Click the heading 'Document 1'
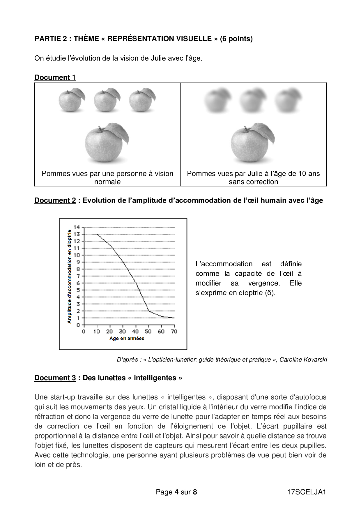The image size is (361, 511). click(55, 77)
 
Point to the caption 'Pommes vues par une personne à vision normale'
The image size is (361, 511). click(107, 177)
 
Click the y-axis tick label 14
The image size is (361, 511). click(77, 227)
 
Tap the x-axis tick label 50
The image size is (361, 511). click(148, 332)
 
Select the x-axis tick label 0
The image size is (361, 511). click(84, 332)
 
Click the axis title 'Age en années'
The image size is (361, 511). click(127, 338)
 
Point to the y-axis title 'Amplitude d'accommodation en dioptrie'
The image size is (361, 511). click(69, 276)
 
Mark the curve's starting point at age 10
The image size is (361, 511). click(97, 234)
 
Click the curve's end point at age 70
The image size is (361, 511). click(174, 318)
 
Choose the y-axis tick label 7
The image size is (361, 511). click(78, 276)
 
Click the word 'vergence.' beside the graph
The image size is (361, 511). click(264, 283)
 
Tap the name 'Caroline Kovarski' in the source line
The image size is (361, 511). click(303, 360)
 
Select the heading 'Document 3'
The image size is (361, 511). click(55, 378)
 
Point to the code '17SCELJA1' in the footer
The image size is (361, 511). click(306, 492)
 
